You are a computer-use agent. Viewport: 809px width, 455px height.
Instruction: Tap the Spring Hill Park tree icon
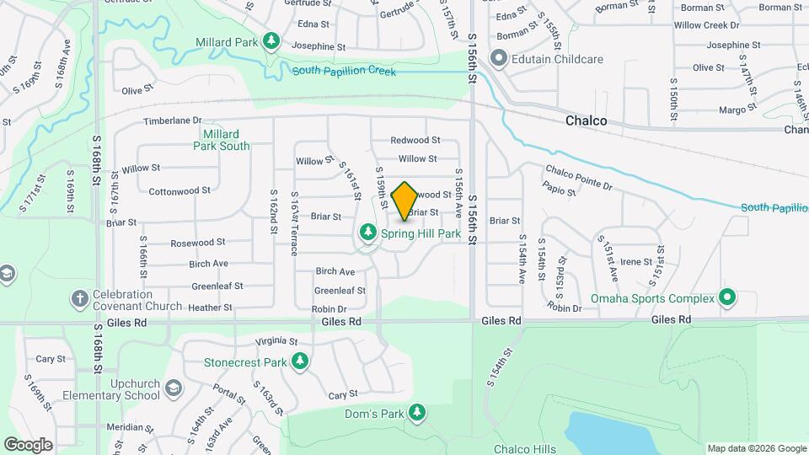pos(368,232)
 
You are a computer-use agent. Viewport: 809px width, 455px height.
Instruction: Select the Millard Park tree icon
pos(271,40)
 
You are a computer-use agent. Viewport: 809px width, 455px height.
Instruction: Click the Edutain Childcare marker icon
pos(498,59)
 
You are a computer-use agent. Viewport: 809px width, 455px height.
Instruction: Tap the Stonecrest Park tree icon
pos(300,362)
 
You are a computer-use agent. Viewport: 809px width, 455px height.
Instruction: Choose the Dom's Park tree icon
pos(416,412)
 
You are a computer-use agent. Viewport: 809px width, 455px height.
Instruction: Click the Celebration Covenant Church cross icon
pos(79,298)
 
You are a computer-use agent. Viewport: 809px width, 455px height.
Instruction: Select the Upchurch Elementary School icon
pos(174,388)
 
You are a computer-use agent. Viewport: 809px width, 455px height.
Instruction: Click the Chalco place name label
pos(586,121)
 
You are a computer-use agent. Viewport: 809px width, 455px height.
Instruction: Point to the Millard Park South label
pos(222,140)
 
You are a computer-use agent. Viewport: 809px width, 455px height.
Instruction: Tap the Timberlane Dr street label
pos(173,121)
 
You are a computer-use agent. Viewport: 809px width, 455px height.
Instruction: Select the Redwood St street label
pos(415,140)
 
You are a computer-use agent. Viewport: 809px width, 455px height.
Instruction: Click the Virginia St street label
pos(276,342)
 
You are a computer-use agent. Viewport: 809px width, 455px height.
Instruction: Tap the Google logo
pos(29,444)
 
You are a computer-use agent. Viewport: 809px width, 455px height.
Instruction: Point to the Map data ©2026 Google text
pos(756,448)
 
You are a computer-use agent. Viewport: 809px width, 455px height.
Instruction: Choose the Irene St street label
pos(630,262)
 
